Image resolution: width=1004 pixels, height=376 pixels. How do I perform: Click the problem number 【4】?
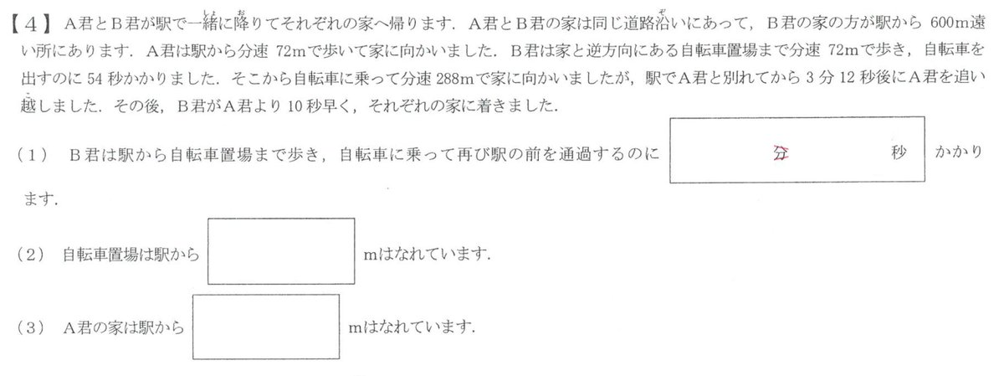[31, 24]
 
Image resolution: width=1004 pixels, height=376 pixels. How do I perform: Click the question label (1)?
[33, 155]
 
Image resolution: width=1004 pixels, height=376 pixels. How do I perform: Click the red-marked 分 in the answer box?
[781, 153]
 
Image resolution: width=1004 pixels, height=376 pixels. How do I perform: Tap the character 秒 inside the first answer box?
[899, 152]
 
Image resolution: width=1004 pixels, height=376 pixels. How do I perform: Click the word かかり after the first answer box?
[958, 152]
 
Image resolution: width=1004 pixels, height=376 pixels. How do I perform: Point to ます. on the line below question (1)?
[40, 198]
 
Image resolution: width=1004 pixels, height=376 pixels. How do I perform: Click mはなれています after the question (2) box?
[427, 255]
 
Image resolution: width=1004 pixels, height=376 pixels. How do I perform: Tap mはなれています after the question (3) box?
[412, 327]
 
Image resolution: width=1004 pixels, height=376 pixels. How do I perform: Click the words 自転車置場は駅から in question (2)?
[131, 255]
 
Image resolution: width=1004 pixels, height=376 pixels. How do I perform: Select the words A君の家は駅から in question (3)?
[124, 328]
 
